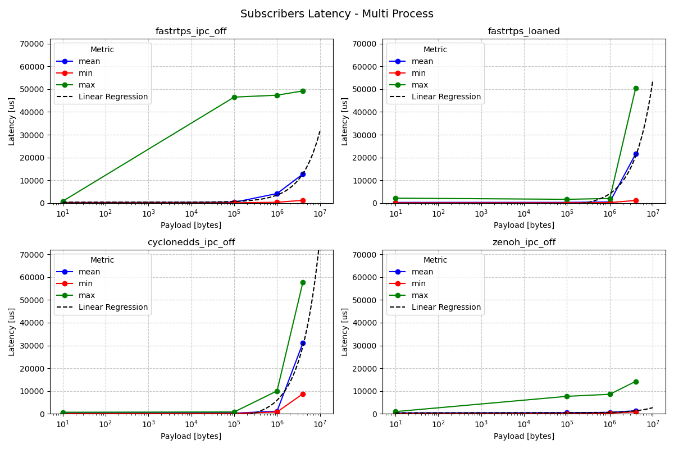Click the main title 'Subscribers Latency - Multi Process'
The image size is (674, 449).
337,14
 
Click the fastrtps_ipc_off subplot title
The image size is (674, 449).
191,31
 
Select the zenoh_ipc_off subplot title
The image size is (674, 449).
524,242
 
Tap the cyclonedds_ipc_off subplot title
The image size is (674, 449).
191,242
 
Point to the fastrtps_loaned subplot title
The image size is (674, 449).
524,31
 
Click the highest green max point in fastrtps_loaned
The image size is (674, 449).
636,88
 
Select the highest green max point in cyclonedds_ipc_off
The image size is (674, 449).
303,282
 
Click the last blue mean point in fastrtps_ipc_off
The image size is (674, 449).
303,174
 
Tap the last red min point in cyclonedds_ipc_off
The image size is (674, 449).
303,394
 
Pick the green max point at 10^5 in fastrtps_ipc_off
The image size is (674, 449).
234,97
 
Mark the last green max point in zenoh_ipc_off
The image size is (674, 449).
636,382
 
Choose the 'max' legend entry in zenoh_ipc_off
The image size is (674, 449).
421,295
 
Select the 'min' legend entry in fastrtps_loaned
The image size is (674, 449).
418,73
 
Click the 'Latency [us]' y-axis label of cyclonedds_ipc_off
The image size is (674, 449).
12,332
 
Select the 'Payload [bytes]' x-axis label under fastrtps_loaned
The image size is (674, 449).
524,225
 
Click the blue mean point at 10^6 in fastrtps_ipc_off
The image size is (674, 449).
277,194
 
